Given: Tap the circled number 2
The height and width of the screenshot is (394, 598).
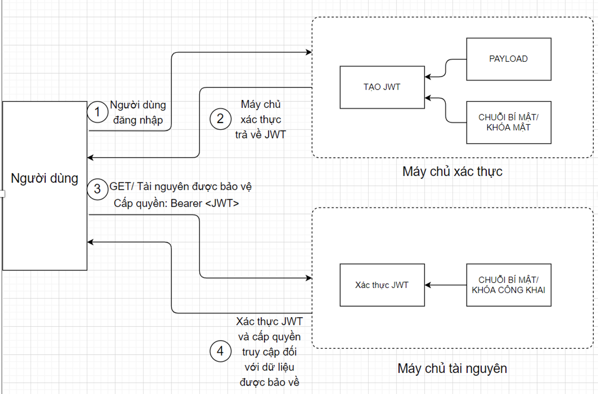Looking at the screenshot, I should coord(220,119).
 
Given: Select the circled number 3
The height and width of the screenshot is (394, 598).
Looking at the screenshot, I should coord(97,188).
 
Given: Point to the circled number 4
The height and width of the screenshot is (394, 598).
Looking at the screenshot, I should coord(220,351).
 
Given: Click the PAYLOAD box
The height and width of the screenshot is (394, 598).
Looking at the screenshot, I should coord(508,59).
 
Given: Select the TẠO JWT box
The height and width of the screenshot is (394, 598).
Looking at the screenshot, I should coord(382,87).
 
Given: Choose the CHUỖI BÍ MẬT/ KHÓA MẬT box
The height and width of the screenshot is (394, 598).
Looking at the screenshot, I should coord(508,122).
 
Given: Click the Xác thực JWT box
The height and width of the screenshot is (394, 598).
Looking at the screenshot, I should coord(382,285).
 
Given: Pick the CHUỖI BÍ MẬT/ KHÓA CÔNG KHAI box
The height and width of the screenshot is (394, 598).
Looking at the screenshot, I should coord(508,285).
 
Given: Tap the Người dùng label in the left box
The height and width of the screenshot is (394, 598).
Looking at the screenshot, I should coord(44,178).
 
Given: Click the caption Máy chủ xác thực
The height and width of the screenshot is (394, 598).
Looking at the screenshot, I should coord(452,172).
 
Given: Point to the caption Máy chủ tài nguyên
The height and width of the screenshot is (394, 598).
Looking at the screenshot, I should coord(452,368).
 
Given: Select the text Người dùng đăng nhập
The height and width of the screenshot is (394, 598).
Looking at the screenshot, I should coord(138,112).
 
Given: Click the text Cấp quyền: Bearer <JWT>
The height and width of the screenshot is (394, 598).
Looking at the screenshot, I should coord(176,204).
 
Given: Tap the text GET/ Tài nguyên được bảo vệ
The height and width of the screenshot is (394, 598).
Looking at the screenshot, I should coord(181,187).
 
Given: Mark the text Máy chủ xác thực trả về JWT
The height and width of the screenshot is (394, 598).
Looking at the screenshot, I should coord(261,119).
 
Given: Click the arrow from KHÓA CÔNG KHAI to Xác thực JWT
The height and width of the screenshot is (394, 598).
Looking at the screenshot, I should coord(445,285).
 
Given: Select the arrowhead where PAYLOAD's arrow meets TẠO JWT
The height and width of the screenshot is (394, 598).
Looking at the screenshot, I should coord(427,76).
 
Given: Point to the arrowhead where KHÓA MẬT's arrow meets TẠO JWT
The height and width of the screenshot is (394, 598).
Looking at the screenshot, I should coord(427,97).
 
